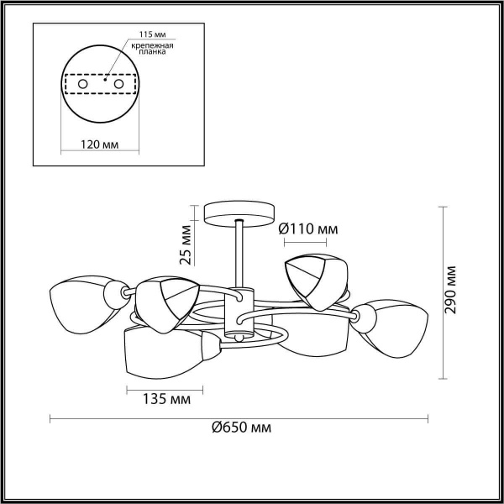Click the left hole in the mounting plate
82,85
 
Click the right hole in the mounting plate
118,85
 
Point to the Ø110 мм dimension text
309,228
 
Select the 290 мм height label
451,290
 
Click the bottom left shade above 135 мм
160,350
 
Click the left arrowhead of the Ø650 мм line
53,417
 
